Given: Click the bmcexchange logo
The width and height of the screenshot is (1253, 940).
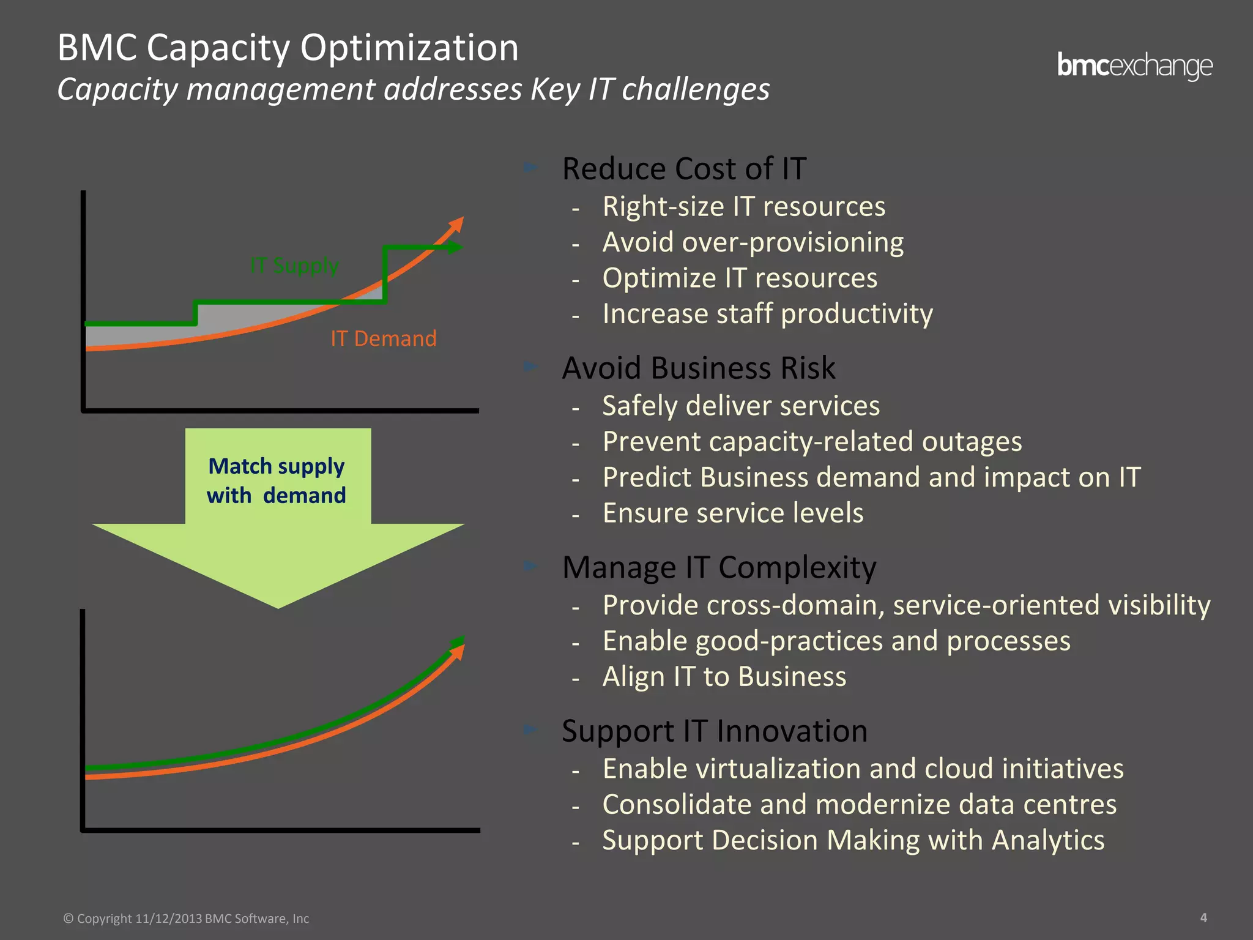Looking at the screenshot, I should click(1134, 66).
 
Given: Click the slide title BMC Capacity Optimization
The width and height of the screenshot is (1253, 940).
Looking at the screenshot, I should click(288, 48).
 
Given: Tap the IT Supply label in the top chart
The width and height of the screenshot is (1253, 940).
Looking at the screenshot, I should click(294, 266).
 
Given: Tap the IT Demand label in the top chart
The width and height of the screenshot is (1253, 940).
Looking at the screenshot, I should click(384, 338).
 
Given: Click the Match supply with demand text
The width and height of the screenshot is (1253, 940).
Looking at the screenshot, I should click(277, 480).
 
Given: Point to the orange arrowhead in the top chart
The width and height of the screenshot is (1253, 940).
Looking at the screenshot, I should click(456, 225).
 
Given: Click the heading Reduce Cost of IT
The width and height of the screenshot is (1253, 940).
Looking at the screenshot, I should click(684, 169).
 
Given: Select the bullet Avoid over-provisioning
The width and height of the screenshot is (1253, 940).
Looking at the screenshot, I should click(753, 242).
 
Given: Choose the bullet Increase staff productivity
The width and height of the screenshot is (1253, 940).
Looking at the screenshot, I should click(767, 314).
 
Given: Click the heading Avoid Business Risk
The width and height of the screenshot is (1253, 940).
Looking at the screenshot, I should click(698, 368).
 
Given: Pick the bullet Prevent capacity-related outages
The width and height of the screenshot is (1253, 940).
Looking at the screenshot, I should click(812, 442).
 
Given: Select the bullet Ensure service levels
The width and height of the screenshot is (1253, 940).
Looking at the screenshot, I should click(732, 513).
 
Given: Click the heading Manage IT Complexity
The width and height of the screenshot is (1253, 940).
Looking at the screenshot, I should click(719, 567).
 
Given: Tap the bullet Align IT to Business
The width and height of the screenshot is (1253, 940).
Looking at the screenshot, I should click(724, 677).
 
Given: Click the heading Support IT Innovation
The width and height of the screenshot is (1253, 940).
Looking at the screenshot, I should click(714, 731).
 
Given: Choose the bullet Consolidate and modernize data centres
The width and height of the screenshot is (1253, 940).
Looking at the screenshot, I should click(859, 805).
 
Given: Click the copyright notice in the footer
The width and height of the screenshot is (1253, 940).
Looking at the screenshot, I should click(187, 919).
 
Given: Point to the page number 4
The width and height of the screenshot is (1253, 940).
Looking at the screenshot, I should click(1203, 917).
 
